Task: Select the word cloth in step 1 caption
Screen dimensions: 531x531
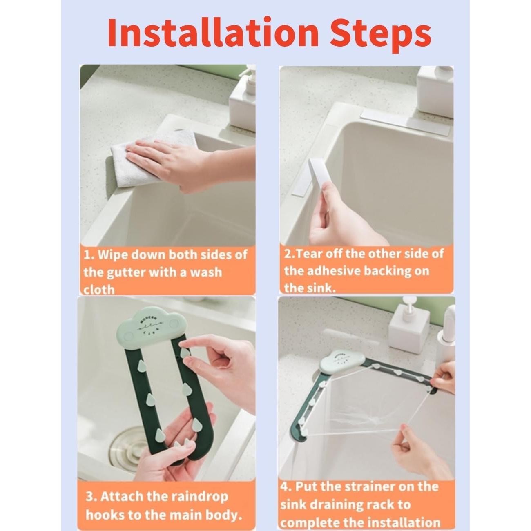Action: (x=99, y=290)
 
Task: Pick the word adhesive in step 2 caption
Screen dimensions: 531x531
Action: (x=334, y=271)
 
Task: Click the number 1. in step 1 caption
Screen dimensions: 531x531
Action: (x=89, y=255)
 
